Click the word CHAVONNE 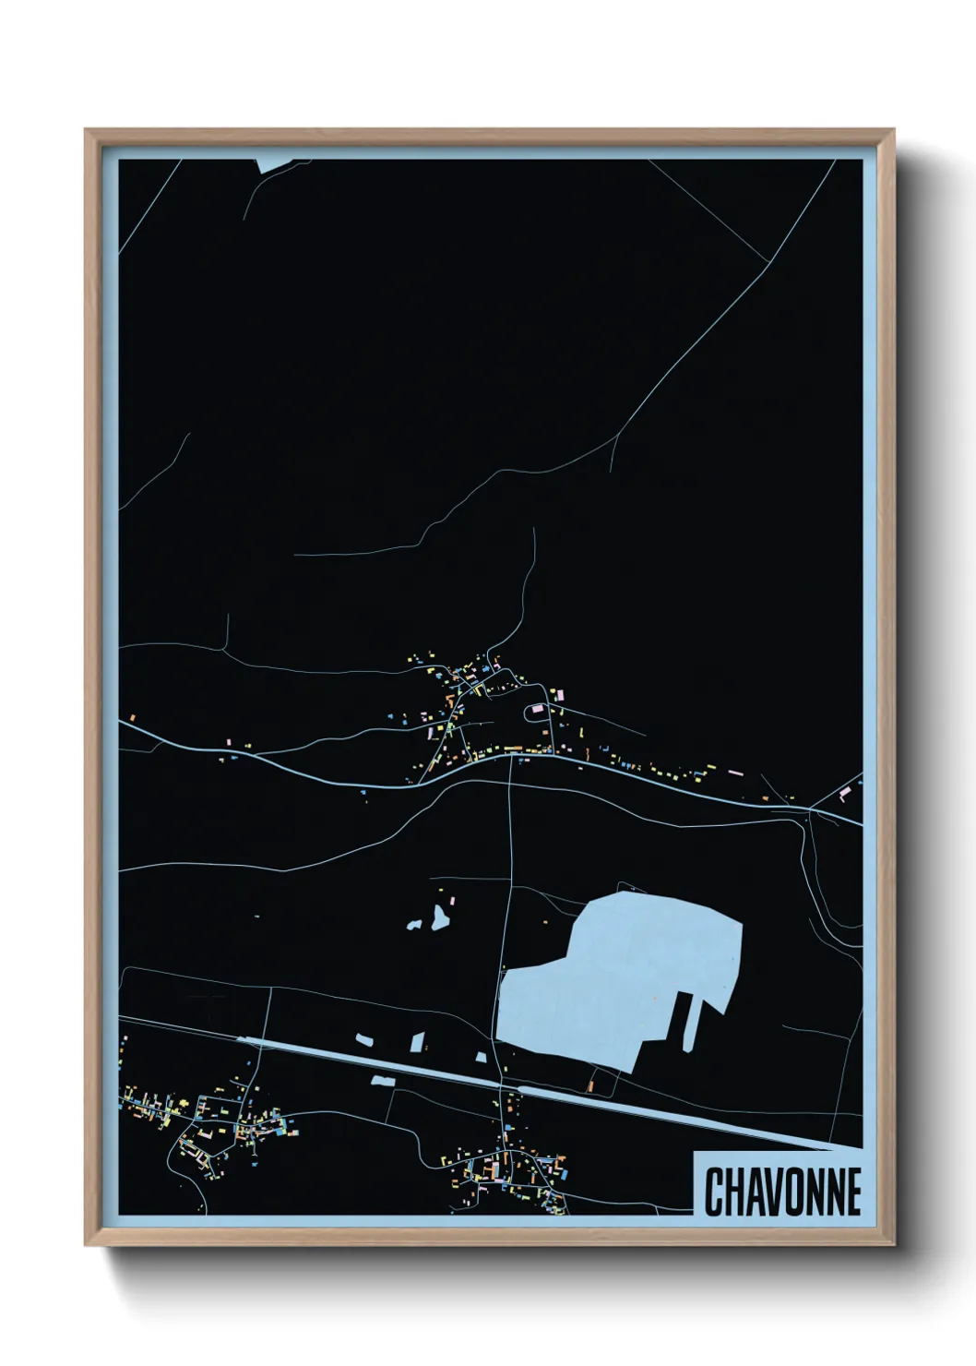point(782,1192)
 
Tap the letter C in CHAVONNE point(714,1192)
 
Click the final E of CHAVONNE point(852,1192)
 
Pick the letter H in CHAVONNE point(732,1192)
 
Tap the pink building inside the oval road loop point(537,711)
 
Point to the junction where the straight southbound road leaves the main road point(510,755)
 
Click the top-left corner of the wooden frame point(86,130)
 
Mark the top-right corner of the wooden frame point(893,130)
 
